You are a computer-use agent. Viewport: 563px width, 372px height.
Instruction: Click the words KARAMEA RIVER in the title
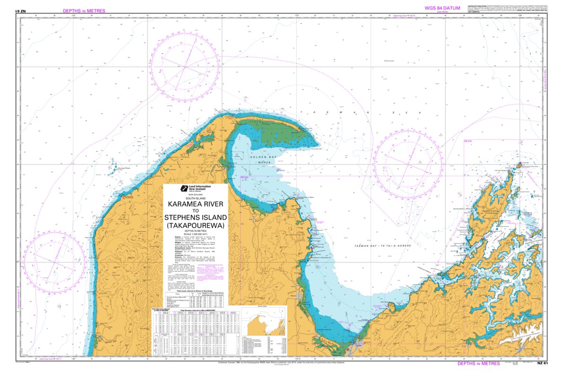(195, 204)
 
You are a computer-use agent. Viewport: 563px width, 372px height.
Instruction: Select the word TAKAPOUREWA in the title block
(195, 225)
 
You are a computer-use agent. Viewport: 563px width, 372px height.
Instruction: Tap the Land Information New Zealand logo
(184, 188)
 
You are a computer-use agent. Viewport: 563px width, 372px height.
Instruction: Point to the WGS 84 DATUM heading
(442, 8)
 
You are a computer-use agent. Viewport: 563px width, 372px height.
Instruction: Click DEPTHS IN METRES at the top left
(84, 10)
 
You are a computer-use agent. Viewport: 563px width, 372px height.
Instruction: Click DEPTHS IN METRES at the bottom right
(478, 363)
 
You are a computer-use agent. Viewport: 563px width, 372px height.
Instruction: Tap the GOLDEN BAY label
(260, 156)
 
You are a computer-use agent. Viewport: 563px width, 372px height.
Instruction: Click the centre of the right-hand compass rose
(407, 164)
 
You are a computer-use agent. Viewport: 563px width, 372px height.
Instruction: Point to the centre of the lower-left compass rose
(55, 263)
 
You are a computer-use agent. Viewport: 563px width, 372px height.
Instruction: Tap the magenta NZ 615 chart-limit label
(468, 141)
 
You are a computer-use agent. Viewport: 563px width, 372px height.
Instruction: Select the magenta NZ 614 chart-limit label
(244, 177)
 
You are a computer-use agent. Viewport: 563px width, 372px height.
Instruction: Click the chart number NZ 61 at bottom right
(542, 363)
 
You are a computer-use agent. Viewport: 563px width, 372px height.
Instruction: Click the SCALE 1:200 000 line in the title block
(195, 235)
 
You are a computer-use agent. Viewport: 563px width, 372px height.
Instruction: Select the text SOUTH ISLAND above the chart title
(195, 198)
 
